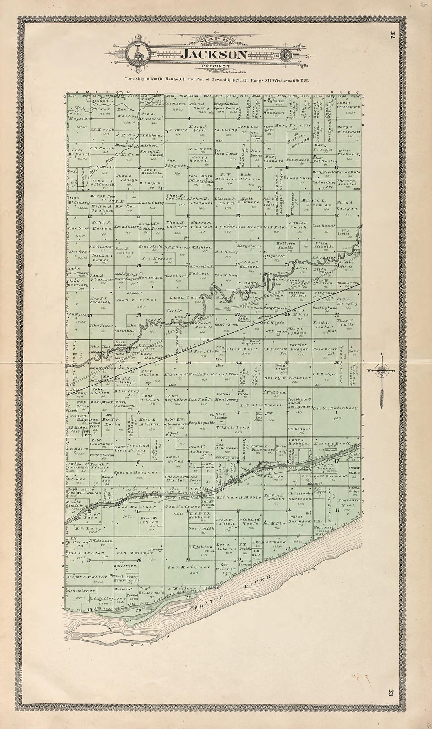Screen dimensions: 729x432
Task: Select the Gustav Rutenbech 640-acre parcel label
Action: tap(336, 408)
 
